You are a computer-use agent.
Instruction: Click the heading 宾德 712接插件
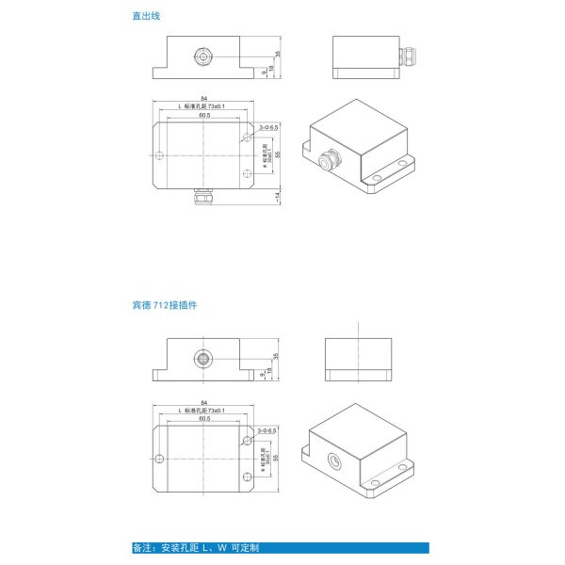[x=164, y=306]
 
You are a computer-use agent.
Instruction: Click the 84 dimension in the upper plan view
[x=204, y=98]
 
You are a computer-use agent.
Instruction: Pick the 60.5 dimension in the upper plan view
[x=204, y=116]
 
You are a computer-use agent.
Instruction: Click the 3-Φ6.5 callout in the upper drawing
[x=267, y=126]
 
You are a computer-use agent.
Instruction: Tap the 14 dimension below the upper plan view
[x=279, y=196]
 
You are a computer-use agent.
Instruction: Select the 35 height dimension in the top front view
[x=279, y=54]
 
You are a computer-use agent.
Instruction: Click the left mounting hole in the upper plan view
[x=160, y=154]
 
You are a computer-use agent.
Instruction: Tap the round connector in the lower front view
[x=204, y=359]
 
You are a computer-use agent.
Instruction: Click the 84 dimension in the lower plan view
[x=204, y=402]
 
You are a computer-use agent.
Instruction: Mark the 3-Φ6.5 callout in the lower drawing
[x=267, y=430]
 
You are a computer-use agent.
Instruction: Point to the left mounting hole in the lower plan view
[x=160, y=459]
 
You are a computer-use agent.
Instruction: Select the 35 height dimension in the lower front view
[x=279, y=357]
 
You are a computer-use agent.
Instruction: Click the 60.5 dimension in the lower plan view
[x=204, y=420]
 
